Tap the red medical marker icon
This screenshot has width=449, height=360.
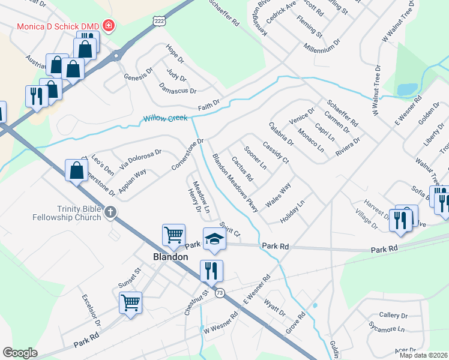pyautogui.click(x=109, y=26)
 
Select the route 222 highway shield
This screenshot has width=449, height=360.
pyautogui.click(x=158, y=20)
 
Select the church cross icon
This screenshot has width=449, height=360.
pyautogui.click(x=109, y=212)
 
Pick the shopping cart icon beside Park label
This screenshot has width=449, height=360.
pyautogui.click(x=173, y=235)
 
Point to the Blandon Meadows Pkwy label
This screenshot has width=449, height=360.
pyautogui.click(x=235, y=183)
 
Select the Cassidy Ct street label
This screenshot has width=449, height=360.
pyautogui.click(x=276, y=152)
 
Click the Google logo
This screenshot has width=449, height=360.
pyautogui.click(x=20, y=353)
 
